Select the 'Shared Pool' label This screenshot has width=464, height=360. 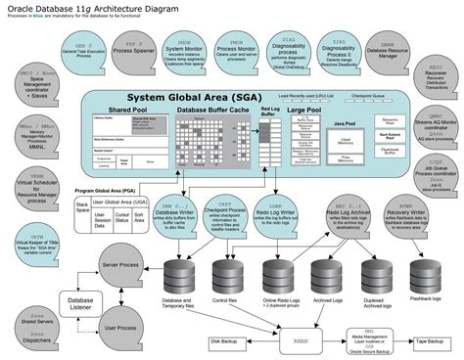127,111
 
